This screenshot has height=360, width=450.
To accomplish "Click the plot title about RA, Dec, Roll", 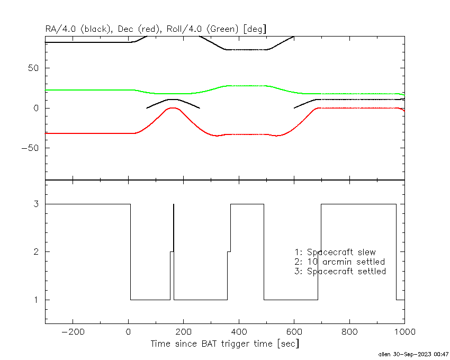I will click(155, 29).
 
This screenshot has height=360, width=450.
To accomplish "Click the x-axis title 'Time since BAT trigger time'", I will click(224, 344).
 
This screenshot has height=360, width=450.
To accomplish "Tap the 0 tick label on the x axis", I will click(128, 332).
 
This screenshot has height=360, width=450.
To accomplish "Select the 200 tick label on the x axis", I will click(184, 332).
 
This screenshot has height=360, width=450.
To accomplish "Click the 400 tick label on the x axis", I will click(239, 332).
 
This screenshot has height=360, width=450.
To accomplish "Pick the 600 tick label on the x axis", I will click(294, 332).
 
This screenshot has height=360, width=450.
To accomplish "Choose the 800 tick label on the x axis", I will click(349, 332).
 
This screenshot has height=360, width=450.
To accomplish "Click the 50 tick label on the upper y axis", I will click(37, 68).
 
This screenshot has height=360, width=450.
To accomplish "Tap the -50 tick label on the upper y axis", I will click(34, 148).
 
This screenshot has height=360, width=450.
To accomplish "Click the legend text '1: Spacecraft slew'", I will click(335, 252).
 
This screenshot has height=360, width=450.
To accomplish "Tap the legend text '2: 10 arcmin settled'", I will click(339, 262).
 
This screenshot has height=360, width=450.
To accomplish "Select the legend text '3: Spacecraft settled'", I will click(340, 271).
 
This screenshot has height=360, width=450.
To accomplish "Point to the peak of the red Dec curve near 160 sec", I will click(172, 108).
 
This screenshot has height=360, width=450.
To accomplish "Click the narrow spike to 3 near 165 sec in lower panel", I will click(173, 222).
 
